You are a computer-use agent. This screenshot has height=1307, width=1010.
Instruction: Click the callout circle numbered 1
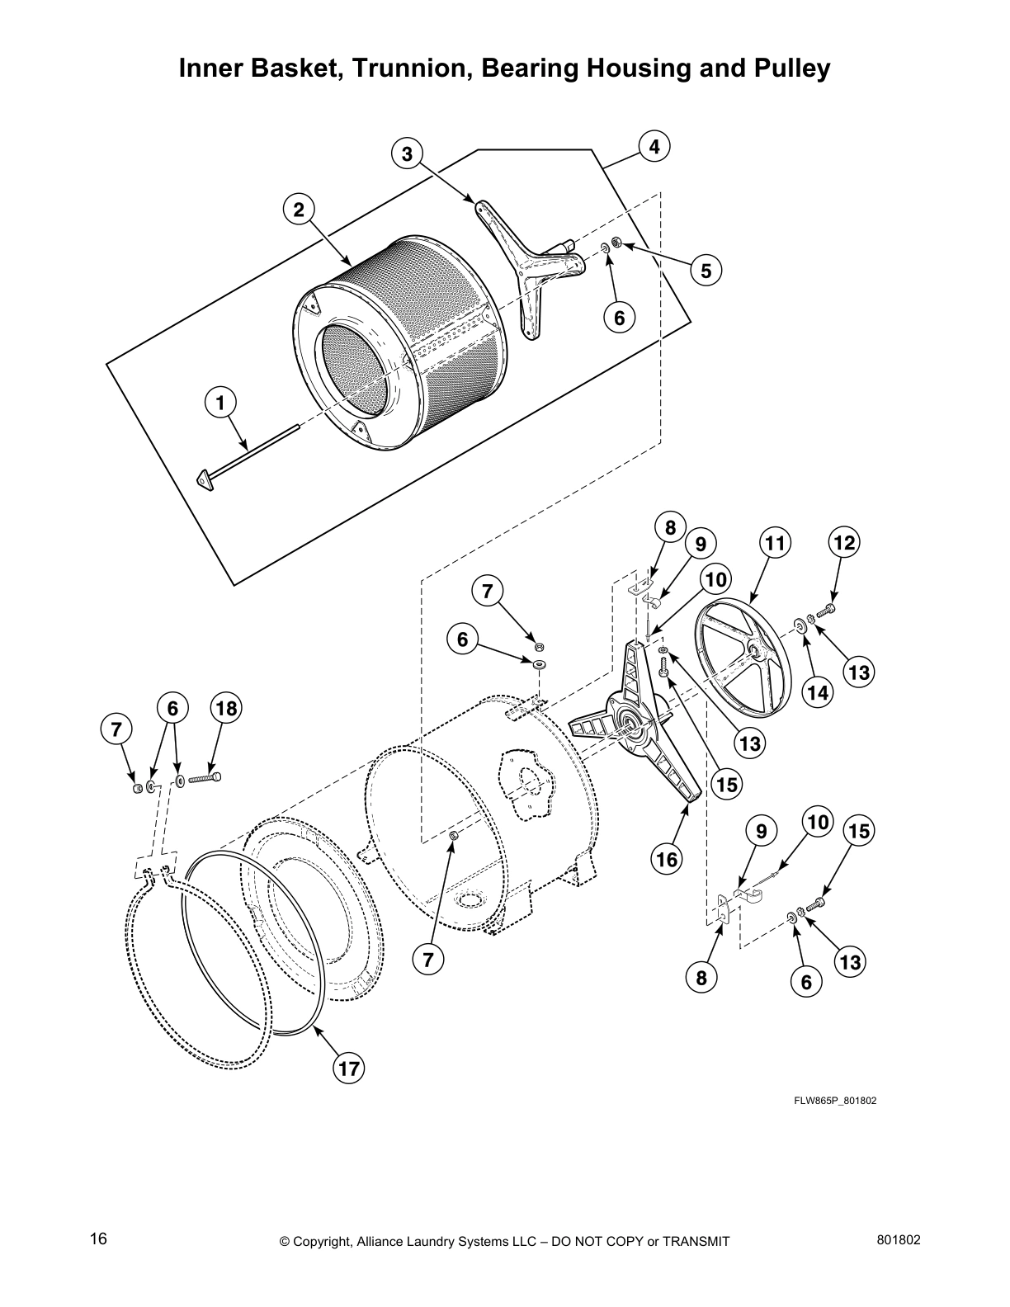220,403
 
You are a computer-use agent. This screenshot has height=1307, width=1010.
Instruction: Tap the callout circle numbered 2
300,210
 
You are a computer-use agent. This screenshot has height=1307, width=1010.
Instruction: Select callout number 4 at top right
654,147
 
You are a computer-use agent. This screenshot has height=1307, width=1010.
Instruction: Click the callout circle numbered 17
349,1069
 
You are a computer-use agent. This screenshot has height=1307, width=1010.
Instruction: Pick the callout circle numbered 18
226,709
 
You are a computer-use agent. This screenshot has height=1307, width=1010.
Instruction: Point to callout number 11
774,543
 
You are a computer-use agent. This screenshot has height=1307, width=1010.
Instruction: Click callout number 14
817,693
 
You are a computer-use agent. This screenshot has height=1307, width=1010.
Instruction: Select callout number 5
706,271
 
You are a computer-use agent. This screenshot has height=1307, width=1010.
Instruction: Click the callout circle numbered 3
407,153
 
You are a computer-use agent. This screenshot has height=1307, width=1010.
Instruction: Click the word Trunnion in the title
404,69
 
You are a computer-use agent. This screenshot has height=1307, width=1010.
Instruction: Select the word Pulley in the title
790,69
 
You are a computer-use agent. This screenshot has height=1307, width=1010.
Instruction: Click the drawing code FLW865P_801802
836,1100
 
